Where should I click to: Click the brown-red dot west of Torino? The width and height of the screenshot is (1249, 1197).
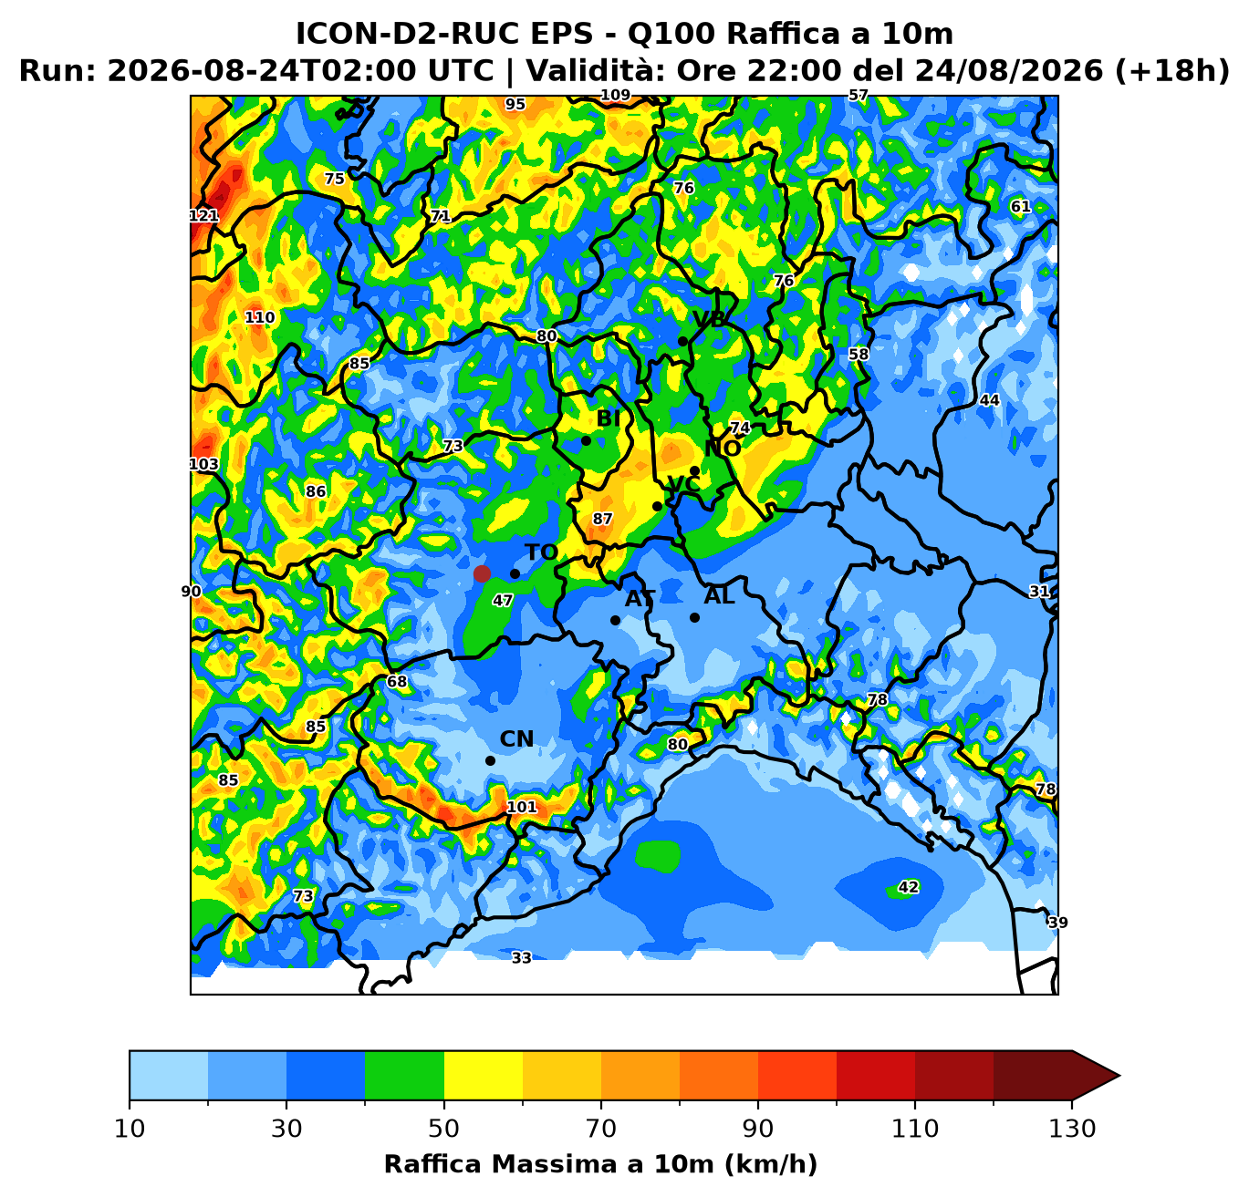point(482,573)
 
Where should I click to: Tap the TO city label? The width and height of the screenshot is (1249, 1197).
point(541,552)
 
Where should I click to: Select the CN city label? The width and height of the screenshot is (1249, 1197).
point(516,739)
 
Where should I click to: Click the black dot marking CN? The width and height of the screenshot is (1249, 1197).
point(490,761)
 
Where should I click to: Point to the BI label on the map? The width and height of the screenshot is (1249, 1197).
point(608,418)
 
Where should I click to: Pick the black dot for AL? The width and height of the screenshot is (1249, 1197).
point(694,618)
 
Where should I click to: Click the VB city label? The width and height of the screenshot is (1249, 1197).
point(709,319)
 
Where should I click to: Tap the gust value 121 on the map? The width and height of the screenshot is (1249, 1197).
point(204,215)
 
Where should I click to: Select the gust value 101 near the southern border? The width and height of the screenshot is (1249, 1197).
point(522,807)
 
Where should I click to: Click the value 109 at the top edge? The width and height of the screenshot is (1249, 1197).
point(616,95)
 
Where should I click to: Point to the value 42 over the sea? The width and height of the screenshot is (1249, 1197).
point(908,887)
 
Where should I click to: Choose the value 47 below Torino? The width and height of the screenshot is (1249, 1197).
point(503,601)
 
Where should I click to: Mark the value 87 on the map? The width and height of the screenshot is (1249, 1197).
point(602,519)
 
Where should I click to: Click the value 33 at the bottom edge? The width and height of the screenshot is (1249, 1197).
point(521,958)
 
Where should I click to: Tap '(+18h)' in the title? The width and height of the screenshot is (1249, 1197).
point(1172,70)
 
